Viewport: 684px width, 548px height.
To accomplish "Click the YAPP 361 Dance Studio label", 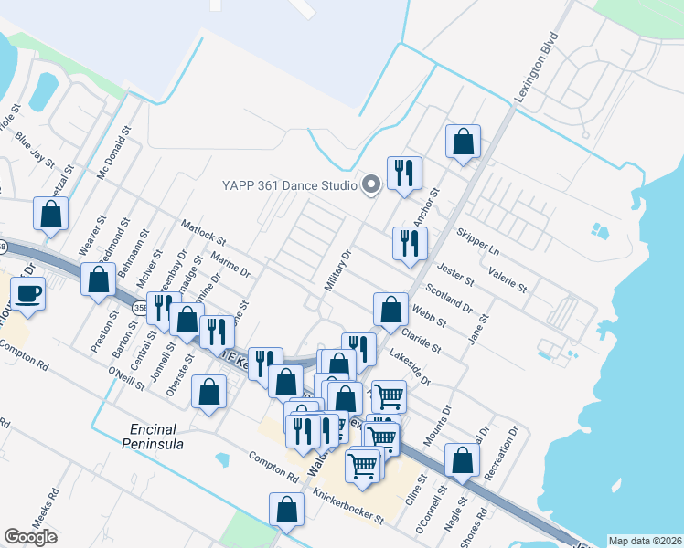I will click(x=289, y=185).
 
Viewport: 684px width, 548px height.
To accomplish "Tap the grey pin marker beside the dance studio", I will click(x=370, y=185).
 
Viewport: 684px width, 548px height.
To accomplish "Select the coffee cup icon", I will click(x=28, y=293).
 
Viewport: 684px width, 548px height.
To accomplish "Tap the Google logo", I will click(x=30, y=537).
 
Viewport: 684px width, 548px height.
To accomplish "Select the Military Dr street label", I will click(x=338, y=271).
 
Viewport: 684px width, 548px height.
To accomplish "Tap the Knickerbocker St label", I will click(x=347, y=506).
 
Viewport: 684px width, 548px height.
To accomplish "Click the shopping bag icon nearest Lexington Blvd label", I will click(x=464, y=142).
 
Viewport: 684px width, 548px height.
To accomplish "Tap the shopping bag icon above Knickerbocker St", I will click(x=287, y=511).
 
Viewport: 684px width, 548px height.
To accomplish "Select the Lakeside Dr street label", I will click(x=410, y=364).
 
